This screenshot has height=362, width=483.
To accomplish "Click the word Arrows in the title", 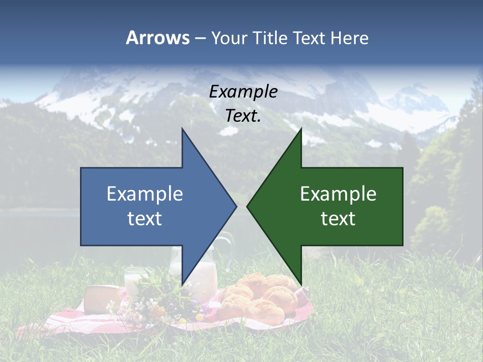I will pos(157,38).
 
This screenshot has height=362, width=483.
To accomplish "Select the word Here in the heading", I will pos(349,38).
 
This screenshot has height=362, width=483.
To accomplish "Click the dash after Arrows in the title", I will pos(200,38).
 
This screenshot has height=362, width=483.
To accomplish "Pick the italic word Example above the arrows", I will pos(243,92).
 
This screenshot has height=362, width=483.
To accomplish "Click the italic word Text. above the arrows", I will pos(243,116).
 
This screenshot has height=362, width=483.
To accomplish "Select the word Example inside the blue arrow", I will pos(144,194).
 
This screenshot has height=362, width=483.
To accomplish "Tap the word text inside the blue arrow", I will pos(144,219).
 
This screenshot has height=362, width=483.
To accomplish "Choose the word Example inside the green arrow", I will pos(338,194).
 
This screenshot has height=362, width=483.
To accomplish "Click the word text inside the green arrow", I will pos(338,219).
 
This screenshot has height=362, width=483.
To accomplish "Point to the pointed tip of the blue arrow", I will pos(236,206).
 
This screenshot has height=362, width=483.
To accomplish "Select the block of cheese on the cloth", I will pos(101,299).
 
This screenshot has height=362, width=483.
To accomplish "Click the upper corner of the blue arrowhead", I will pos(182,129).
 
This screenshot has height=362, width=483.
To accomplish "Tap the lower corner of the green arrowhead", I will pos(301,285).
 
